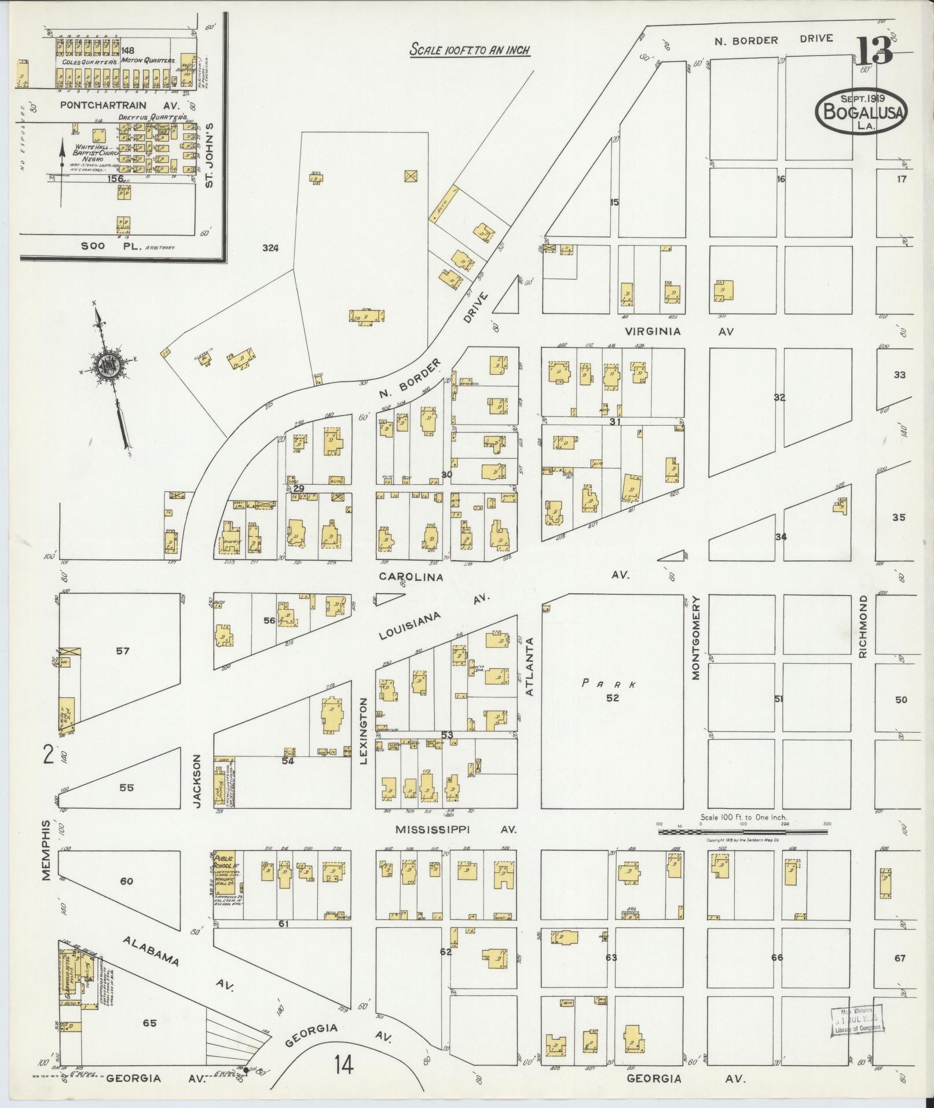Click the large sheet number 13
tap(874, 51)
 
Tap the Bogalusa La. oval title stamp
tap(862, 111)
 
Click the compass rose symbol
tap(108, 365)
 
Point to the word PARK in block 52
tap(609, 683)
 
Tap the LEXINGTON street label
tap(364, 730)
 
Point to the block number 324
tap(270, 248)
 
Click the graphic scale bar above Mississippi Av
tap(743, 832)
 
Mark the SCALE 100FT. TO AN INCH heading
tap(470, 50)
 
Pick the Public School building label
tap(224, 862)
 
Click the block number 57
tap(122, 650)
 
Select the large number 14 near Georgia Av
tap(343, 1063)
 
